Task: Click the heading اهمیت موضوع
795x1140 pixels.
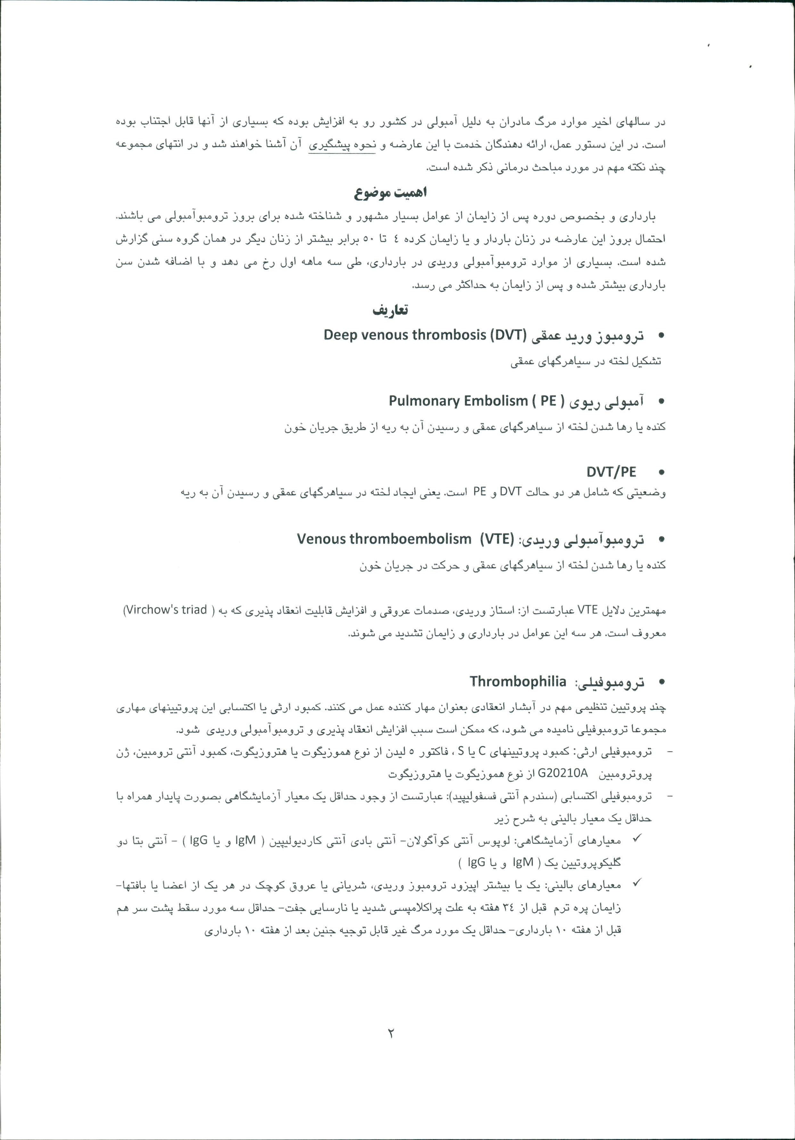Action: click(390, 193)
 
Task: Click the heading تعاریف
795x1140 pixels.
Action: click(390, 310)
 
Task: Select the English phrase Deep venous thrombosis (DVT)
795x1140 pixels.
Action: click(424, 335)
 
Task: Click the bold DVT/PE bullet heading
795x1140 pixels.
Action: click(611, 472)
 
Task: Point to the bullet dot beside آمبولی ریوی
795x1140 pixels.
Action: click(661, 402)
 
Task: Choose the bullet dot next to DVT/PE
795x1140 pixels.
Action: click(661, 472)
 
